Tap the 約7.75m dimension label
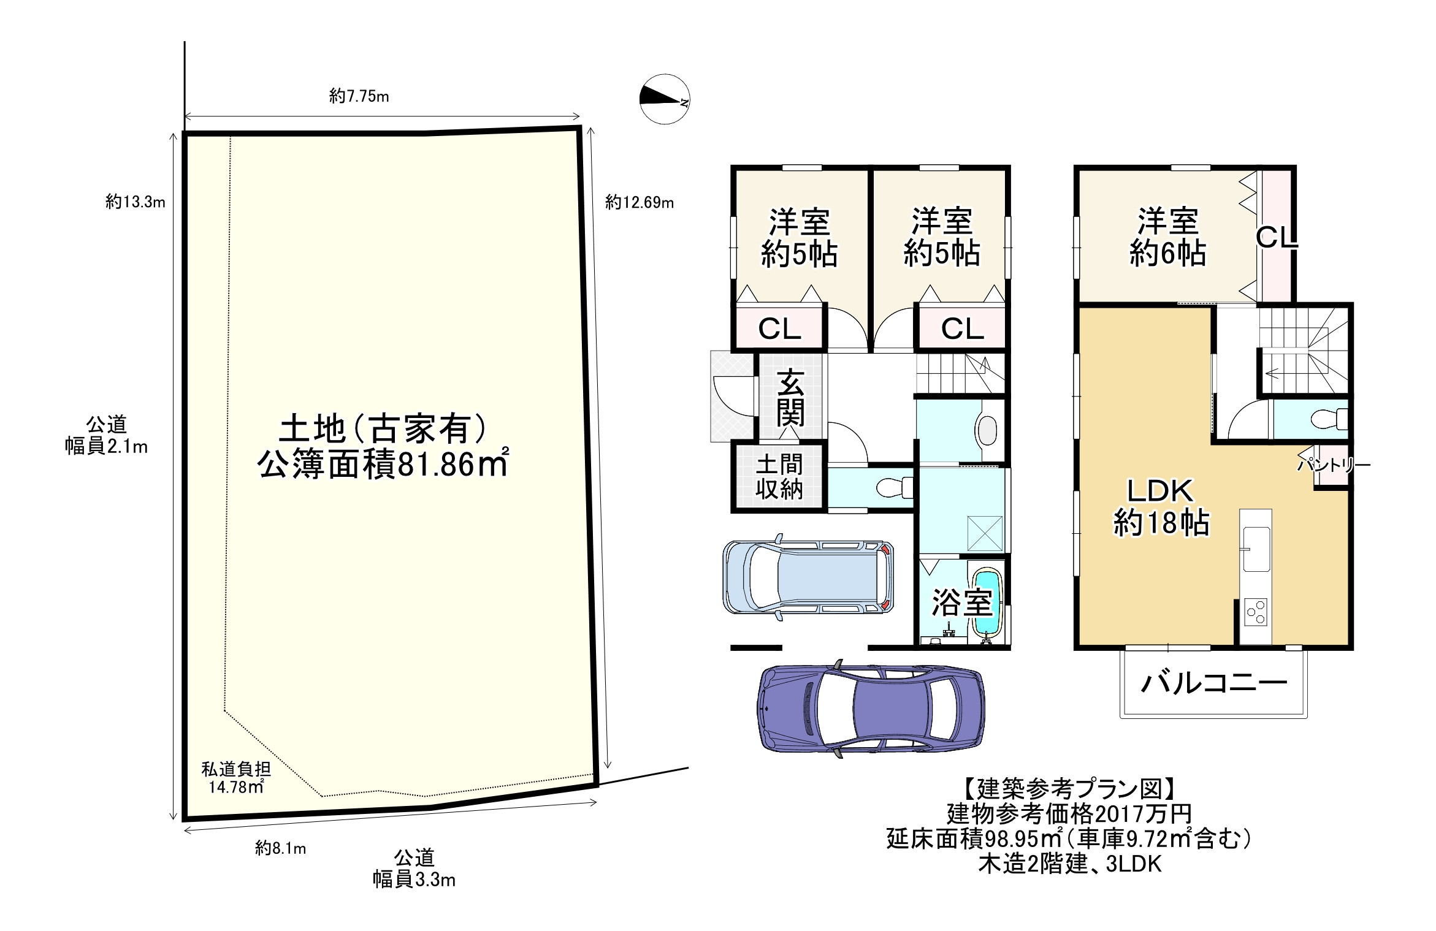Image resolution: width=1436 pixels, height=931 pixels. pos(359,96)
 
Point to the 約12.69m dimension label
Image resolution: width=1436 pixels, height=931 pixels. pos(639,202)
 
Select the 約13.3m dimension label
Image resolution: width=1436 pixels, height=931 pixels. pos(135,202)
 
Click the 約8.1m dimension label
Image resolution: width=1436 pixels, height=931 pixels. pos(280,848)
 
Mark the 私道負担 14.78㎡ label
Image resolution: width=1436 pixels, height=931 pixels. pos(236,778)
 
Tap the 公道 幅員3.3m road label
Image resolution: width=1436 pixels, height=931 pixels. pos(414,868)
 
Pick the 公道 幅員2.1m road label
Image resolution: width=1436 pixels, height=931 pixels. pos(106,436)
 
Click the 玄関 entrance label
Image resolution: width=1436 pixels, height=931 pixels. pos(790,398)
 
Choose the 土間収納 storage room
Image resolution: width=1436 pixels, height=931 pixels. pos(779,477)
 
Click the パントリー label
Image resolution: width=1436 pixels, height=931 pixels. pos(1333,465)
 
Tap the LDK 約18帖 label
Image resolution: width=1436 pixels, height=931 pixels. pos(1161,507)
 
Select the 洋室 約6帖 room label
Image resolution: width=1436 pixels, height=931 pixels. pos(1167,237)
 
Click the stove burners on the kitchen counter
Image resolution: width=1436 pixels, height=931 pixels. pos(1255,612)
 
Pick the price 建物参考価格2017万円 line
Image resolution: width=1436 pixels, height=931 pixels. pos(1069,814)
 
